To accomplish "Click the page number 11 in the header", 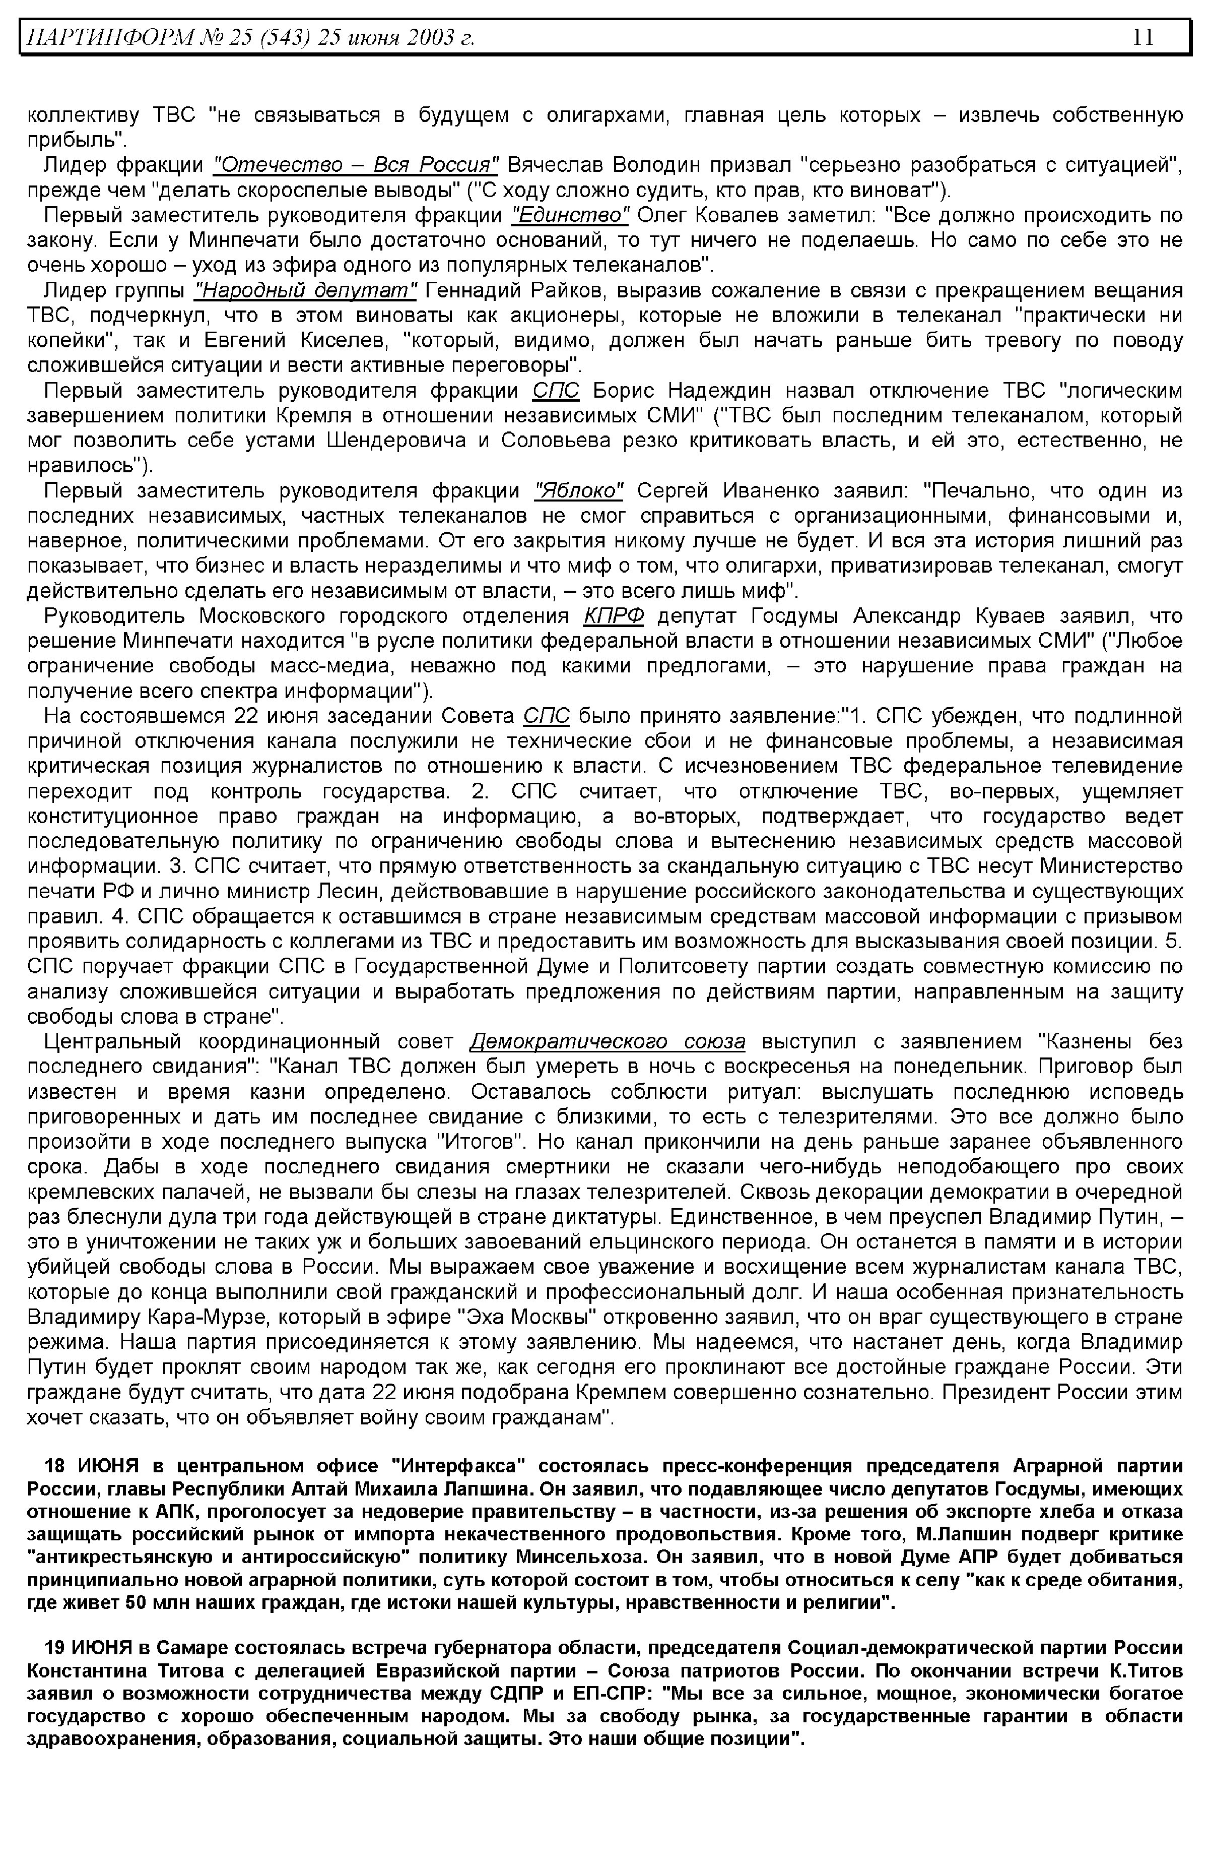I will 1143,37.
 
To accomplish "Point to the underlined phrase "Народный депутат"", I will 305,291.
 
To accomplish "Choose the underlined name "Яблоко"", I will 579,491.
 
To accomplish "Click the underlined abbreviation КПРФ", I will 614,616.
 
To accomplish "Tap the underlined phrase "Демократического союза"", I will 607,1042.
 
